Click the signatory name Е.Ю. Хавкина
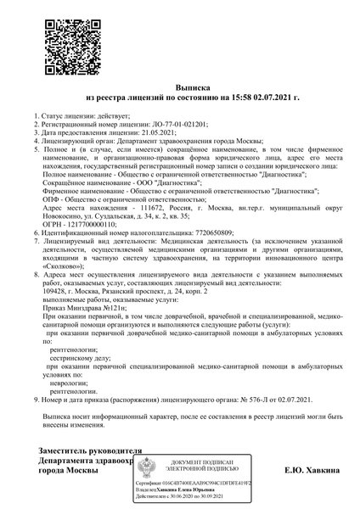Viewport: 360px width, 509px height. point(301,470)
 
